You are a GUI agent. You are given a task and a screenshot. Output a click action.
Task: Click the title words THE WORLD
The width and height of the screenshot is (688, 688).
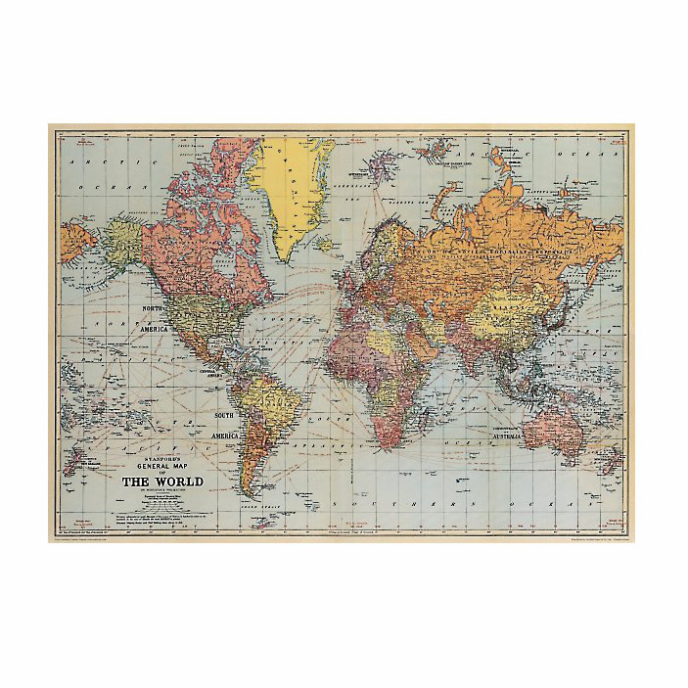[162, 482]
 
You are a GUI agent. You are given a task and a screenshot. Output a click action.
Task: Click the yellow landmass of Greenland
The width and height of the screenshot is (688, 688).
[291, 186]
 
